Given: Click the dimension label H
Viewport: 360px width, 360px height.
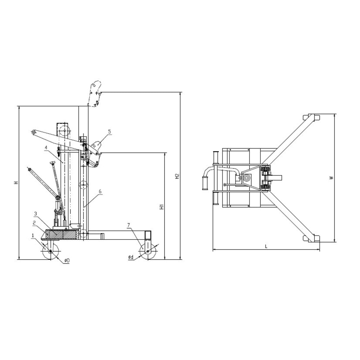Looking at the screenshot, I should tap(16, 183).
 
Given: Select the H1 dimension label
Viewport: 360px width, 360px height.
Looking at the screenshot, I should tap(162, 207).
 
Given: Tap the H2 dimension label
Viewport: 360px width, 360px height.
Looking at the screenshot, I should tap(177, 176).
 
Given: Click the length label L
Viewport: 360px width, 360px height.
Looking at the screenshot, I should tap(266, 246).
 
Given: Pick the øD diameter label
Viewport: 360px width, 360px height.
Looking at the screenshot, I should tap(66, 260).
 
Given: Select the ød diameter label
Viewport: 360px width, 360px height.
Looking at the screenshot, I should tap(131, 257).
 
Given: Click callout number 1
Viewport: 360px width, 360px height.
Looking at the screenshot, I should tap(33, 235).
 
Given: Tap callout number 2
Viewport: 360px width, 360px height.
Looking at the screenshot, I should tap(34, 223).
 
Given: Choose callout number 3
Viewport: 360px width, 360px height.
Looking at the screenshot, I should tap(35, 213).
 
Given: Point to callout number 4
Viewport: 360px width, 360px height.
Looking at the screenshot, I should tap(46, 147).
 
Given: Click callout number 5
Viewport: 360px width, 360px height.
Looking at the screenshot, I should tap(109, 131).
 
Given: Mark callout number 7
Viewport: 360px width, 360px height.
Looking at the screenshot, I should tap(129, 225).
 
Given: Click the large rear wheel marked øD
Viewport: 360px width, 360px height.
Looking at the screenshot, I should tap(50, 251).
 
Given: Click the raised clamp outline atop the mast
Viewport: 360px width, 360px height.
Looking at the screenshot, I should tap(95, 93).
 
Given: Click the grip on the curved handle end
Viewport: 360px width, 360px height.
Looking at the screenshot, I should tap(205, 183).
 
